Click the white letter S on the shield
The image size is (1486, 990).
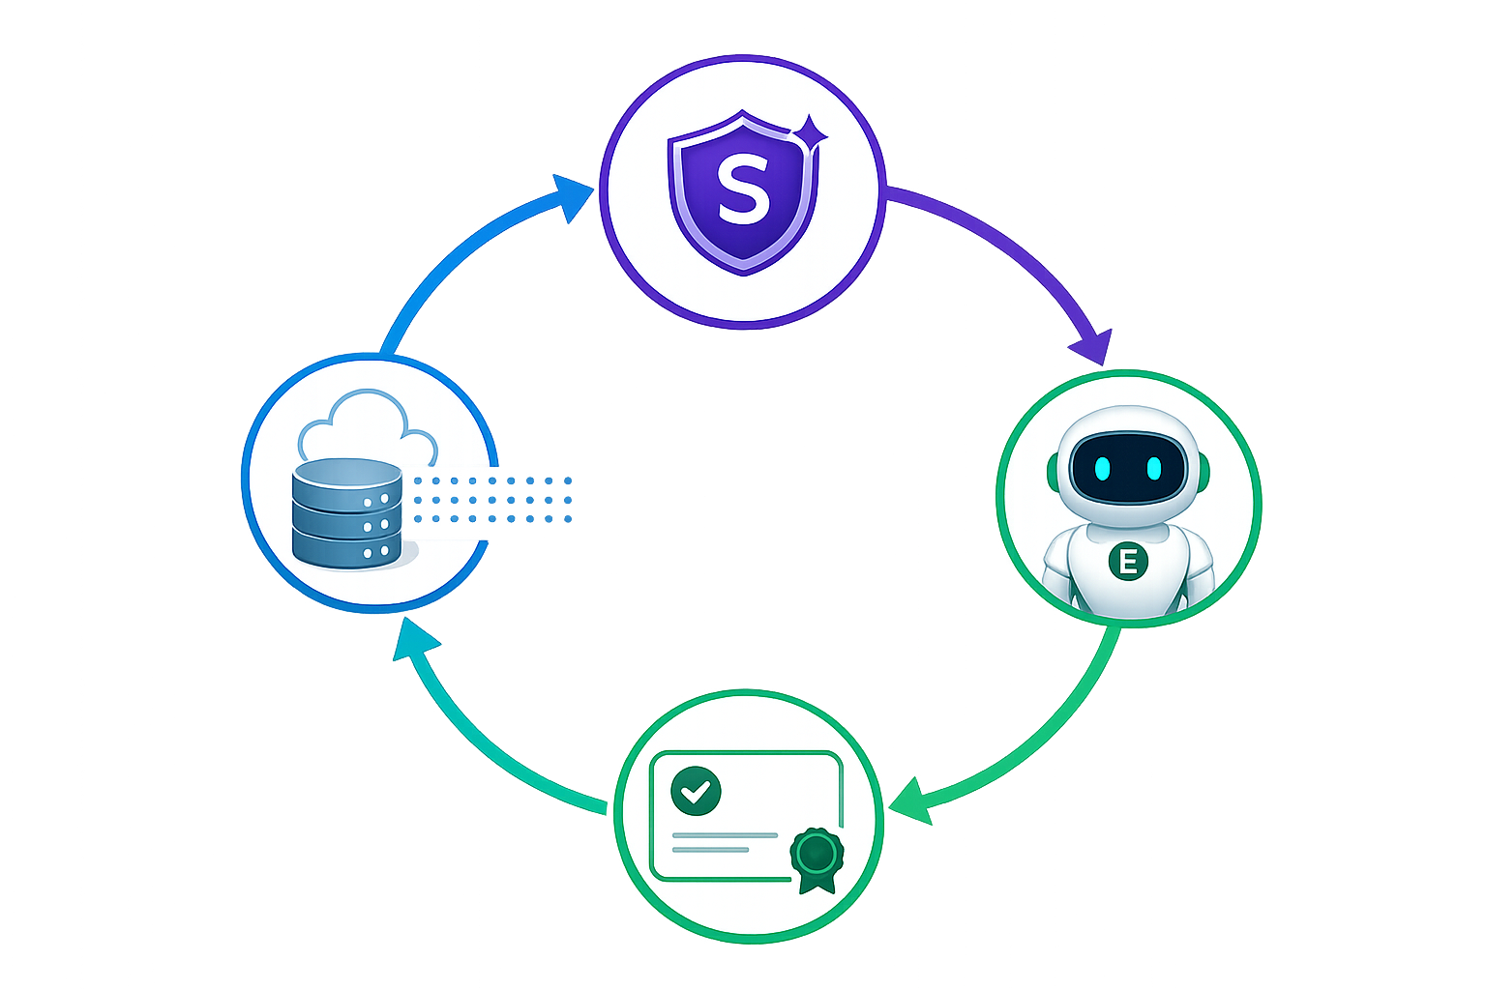pyautogui.click(x=744, y=189)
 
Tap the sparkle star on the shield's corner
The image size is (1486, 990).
pyautogui.click(x=810, y=135)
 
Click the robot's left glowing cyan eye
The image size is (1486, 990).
pyautogui.click(x=1102, y=468)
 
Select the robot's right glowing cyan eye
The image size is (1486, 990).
pyautogui.click(x=1154, y=468)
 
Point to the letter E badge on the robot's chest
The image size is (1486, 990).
pyautogui.click(x=1128, y=562)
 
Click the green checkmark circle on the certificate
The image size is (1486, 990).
pyautogui.click(x=696, y=791)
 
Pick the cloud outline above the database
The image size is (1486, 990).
pyautogui.click(x=368, y=427)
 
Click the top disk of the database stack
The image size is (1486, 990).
pyautogui.click(x=347, y=484)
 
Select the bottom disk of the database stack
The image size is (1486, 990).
pyautogui.click(x=347, y=549)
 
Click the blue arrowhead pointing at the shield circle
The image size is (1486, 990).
pyautogui.click(x=571, y=197)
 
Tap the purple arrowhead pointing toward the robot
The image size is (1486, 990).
pyautogui.click(x=1092, y=347)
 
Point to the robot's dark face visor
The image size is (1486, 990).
pyautogui.click(x=1128, y=468)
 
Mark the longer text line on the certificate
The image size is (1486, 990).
pyautogui.click(x=725, y=835)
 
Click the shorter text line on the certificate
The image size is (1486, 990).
pyautogui.click(x=710, y=850)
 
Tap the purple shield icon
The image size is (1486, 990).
pyautogui.click(x=744, y=192)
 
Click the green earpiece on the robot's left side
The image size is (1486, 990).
pyautogui.click(x=1054, y=472)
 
